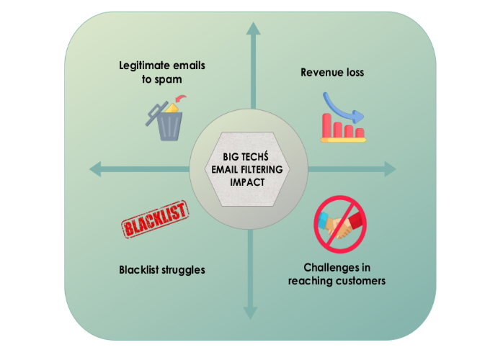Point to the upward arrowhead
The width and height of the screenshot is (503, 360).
pos(251,28)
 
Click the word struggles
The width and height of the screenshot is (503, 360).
pos(183,270)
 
